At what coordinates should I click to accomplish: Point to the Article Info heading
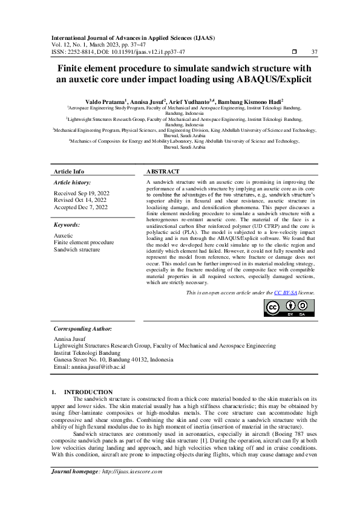click(x=70, y=171)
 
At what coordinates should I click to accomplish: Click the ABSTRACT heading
click(x=162, y=171)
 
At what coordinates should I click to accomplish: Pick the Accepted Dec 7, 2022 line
click(x=80, y=207)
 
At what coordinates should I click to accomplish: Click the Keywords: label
click(x=67, y=225)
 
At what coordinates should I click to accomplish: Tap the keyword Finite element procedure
click(x=83, y=242)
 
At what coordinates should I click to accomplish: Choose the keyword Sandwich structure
click(x=77, y=249)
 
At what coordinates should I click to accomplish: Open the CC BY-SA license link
click(x=286, y=293)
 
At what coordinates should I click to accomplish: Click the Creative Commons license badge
click(x=289, y=308)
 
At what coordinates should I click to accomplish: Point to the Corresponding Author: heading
click(x=83, y=328)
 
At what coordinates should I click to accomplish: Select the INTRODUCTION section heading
click(x=88, y=392)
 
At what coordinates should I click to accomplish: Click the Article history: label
click(x=73, y=182)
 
